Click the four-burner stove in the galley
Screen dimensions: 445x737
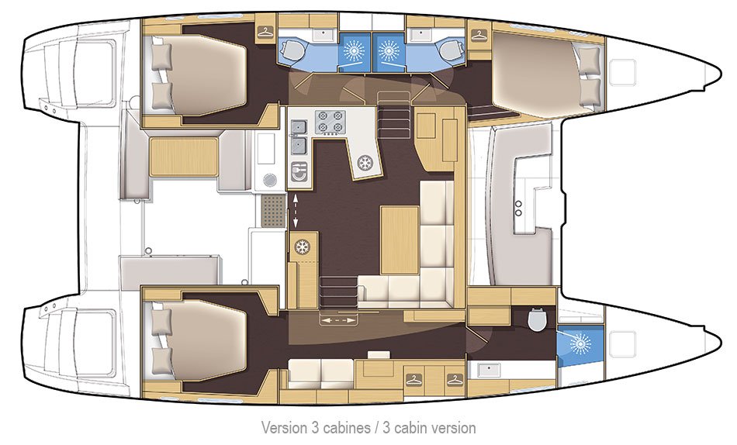(330, 122)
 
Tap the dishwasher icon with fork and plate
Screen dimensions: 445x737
(298, 172)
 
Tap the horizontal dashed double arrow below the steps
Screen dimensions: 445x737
(338, 319)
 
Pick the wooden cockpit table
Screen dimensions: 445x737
(184, 157)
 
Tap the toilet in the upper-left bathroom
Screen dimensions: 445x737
(293, 48)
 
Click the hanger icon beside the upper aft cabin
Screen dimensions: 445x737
(266, 32)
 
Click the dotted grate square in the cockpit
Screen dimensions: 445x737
(273, 209)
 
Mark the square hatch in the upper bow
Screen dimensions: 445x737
(622, 72)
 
